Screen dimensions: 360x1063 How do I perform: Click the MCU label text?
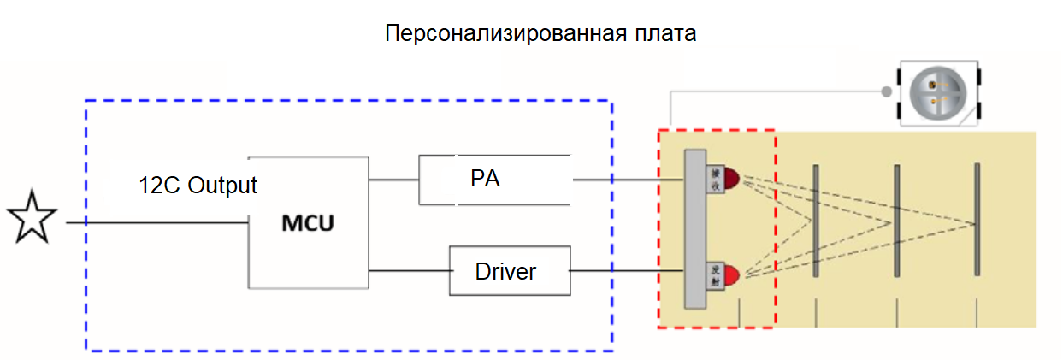(308, 224)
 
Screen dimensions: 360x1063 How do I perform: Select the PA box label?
(484, 180)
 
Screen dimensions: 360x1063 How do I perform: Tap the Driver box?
(505, 272)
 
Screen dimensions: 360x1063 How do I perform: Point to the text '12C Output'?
(198, 185)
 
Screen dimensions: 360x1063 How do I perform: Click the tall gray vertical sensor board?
(695, 229)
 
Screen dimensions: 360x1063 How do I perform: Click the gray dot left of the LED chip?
(887, 90)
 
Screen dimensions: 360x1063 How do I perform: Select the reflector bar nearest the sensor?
(816, 221)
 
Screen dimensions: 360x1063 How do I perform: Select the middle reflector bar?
(896, 221)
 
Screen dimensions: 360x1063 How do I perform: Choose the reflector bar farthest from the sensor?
(977, 221)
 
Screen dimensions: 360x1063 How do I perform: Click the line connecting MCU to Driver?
(409, 271)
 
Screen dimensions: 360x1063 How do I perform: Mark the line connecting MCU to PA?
(393, 180)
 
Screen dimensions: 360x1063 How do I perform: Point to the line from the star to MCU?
(154, 223)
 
